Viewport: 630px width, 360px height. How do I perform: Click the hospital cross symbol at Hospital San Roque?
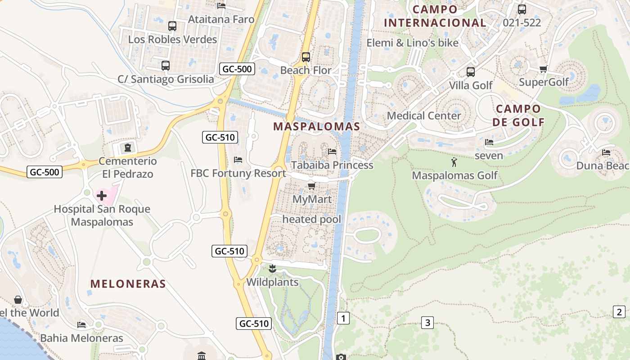[102, 196]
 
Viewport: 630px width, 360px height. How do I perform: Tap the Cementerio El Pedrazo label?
[128, 167]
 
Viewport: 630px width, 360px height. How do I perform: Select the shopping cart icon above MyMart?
[311, 185]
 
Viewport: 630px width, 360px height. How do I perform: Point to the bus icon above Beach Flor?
[306, 57]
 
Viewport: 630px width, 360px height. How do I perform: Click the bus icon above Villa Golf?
[470, 72]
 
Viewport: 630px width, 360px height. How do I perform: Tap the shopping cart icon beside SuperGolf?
[543, 69]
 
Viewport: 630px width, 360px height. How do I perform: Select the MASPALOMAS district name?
[317, 126]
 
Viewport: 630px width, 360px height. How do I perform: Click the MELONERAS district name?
[128, 284]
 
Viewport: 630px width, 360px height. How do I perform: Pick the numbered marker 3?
[427, 322]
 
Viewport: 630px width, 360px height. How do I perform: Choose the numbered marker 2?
[619, 311]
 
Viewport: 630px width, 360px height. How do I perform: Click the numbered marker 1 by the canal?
[343, 319]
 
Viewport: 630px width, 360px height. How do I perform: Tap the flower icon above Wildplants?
[272, 270]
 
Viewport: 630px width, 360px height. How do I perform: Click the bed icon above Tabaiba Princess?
[332, 152]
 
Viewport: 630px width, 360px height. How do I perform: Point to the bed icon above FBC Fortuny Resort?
[238, 160]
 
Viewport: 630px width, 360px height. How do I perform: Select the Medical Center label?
[424, 116]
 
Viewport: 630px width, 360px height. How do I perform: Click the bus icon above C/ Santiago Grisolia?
[165, 66]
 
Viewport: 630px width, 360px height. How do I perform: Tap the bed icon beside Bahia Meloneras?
[81, 324]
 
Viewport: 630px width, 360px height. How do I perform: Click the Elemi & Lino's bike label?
[412, 43]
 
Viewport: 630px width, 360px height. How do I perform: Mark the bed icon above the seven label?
[489, 142]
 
